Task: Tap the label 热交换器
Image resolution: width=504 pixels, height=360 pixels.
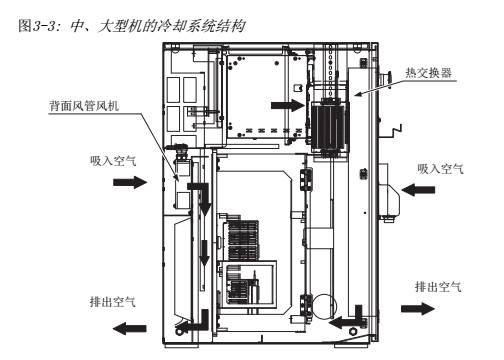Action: coord(429,73)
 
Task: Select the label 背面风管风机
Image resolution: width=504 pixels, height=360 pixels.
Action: coord(84,106)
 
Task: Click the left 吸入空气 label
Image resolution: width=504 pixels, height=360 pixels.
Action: coord(113,161)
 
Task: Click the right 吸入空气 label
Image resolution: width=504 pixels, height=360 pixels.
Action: coord(440,169)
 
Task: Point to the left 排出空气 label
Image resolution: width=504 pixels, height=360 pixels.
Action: coord(113,302)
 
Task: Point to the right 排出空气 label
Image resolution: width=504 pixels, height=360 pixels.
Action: coord(438,287)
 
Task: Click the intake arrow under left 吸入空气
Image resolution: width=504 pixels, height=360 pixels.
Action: coord(130,182)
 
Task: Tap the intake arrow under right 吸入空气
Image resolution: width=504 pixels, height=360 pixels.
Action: coord(418,190)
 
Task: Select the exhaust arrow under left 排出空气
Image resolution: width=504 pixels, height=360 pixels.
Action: coord(129,329)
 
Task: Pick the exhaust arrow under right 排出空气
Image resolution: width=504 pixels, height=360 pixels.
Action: coord(418,309)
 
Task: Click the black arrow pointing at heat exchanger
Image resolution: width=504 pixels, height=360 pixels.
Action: coord(288,106)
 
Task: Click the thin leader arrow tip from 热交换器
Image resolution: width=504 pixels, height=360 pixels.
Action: coord(355,95)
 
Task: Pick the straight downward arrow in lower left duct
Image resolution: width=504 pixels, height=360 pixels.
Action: coord(204,253)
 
